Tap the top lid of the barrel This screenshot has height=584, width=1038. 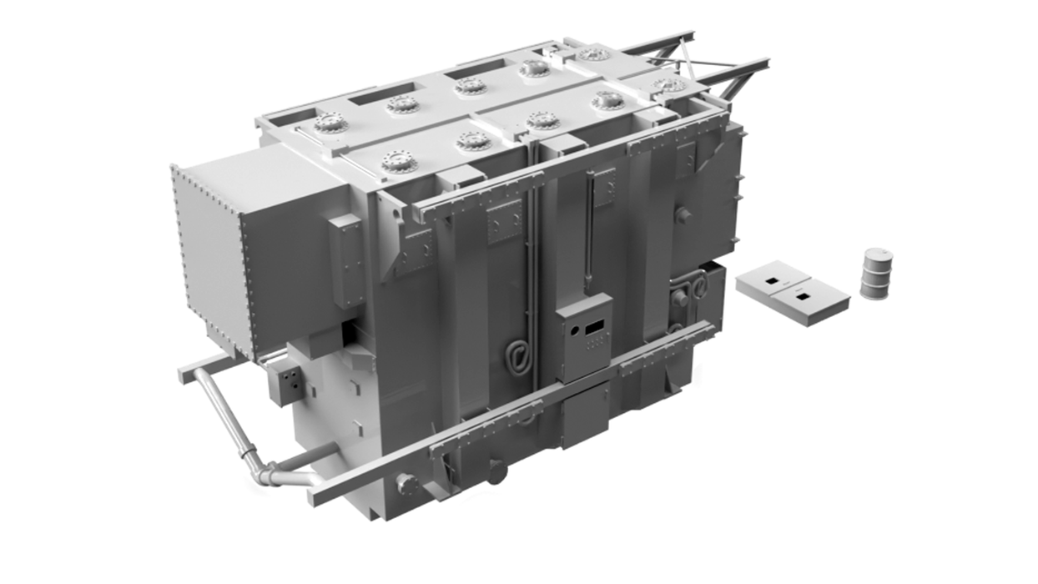[877, 254]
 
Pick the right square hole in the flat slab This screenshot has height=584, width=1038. [803, 296]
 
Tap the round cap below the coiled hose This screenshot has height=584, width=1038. [497, 473]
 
